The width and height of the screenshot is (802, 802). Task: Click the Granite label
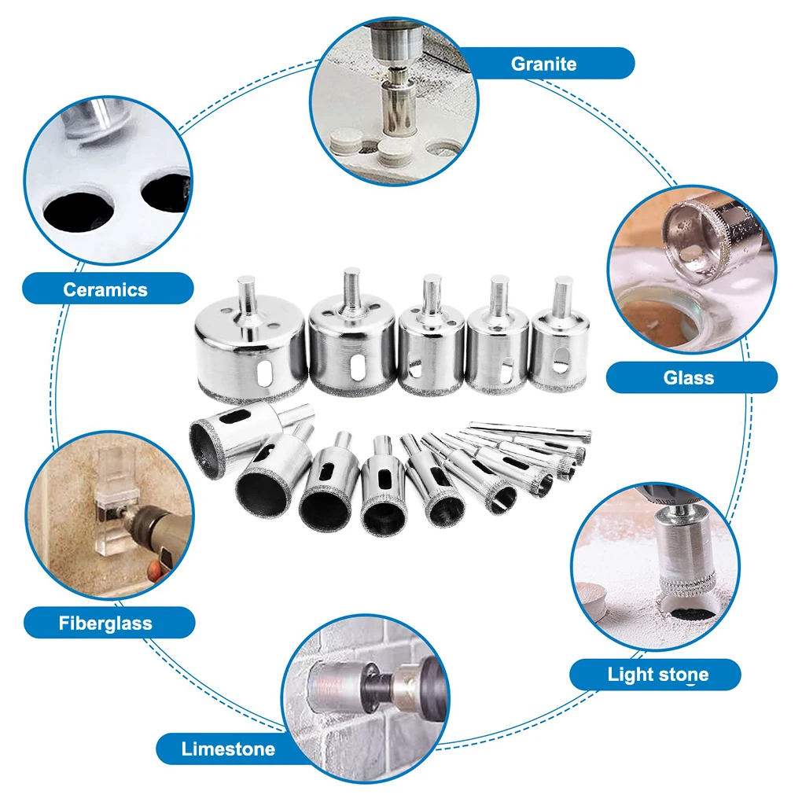click(543, 64)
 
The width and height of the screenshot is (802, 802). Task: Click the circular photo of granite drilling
click(394, 101)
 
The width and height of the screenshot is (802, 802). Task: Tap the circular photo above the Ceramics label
click(108, 181)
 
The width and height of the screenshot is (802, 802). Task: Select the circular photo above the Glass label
click(691, 270)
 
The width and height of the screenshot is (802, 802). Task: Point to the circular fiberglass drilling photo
click(109, 515)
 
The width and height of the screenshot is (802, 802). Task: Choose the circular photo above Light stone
click(655, 567)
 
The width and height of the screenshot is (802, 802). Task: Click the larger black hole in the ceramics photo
click(79, 212)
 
